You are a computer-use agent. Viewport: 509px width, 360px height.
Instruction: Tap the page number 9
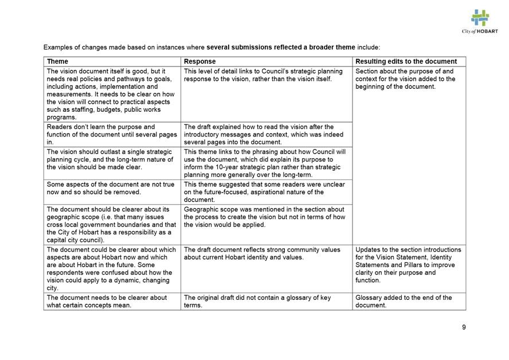point(464,327)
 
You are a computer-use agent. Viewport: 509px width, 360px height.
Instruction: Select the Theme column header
point(57,61)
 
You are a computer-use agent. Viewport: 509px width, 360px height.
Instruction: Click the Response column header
point(199,61)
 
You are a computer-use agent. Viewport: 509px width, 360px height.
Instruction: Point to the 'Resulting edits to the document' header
point(406,61)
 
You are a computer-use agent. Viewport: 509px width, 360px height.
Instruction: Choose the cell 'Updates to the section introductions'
point(408,265)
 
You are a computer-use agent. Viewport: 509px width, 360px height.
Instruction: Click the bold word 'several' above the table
point(218,47)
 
